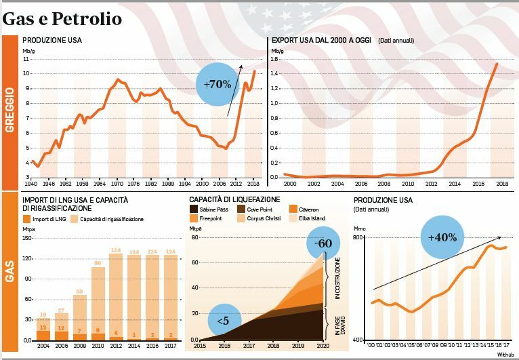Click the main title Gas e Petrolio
point(62,18)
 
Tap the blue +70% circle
point(217,85)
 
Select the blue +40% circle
point(442,237)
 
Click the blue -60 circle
point(323,243)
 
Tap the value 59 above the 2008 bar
point(80,292)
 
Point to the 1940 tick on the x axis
point(30,184)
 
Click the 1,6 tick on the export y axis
point(276,59)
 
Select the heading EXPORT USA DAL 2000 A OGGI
point(322,41)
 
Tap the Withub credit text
point(505,353)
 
